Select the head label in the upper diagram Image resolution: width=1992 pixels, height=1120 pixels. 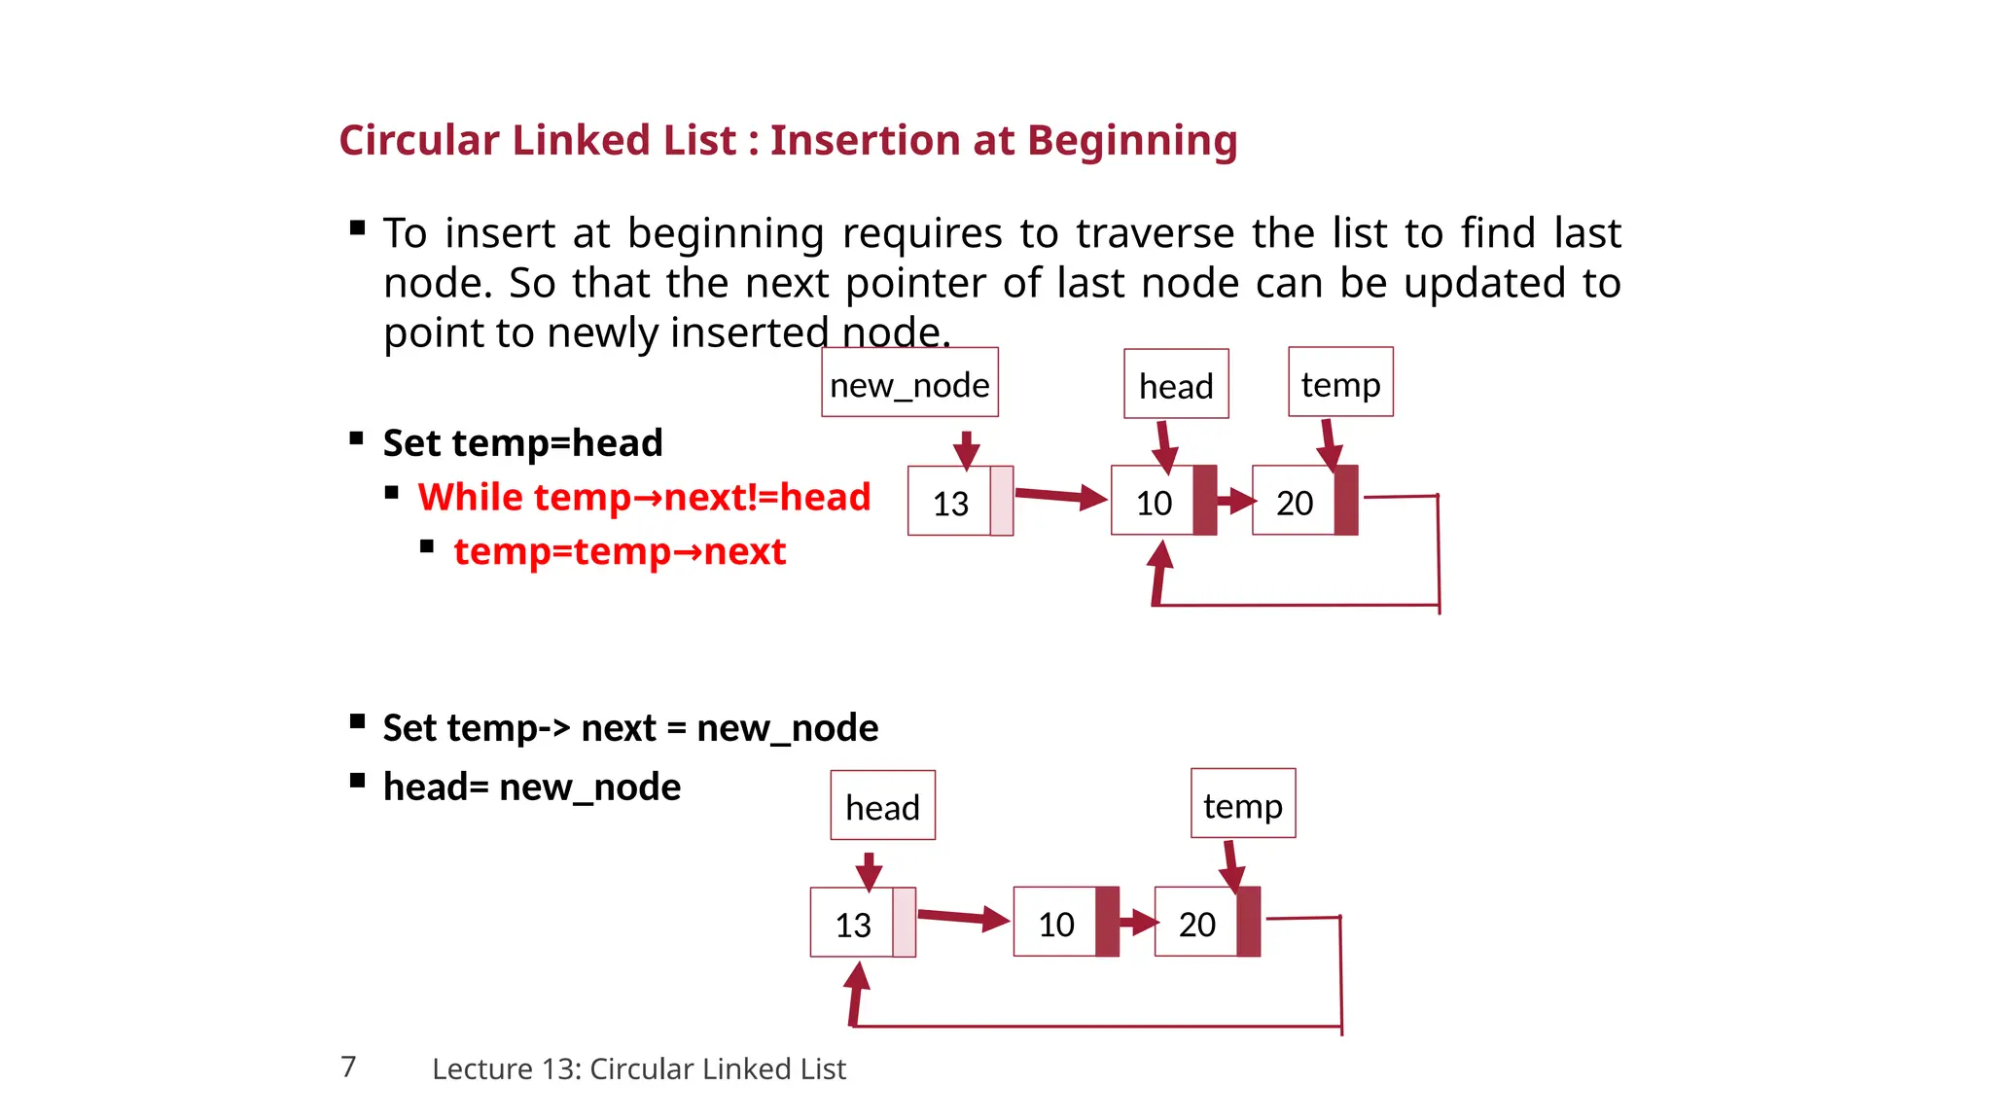click(1176, 385)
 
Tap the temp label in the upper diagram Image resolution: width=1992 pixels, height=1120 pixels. click(1340, 383)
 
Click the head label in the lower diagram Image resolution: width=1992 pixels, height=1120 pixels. click(882, 806)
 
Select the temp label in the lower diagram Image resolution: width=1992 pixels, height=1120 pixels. click(1242, 804)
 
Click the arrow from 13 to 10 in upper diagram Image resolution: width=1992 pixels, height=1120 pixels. click(1060, 497)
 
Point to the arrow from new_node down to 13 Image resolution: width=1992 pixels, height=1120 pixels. click(966, 449)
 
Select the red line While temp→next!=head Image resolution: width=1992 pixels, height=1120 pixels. click(644, 497)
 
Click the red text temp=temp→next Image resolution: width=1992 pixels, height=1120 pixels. click(620, 551)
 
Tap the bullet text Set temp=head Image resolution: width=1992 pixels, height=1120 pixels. click(522, 442)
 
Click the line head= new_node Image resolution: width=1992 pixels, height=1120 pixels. click(531, 787)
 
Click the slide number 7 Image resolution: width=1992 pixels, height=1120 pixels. click(348, 1067)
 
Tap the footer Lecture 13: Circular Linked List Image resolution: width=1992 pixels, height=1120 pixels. click(639, 1068)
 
